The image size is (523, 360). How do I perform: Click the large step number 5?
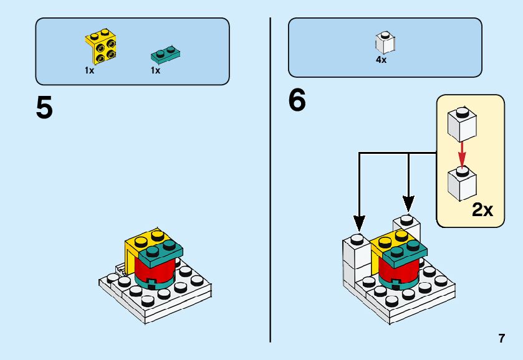44,107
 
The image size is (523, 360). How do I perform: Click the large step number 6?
297,100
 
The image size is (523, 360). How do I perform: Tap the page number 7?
502,338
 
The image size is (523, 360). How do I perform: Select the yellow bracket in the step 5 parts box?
101,46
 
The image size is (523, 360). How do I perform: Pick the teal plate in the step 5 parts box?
165,55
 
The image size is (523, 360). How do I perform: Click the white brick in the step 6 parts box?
385,43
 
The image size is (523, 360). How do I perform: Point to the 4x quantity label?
381,60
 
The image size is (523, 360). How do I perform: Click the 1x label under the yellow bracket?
89,70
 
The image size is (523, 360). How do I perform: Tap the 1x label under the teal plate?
155,70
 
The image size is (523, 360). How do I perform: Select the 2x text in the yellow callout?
482,210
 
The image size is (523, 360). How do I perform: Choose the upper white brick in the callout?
462,125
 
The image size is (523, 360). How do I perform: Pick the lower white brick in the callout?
462,184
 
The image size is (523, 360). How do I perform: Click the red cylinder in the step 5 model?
155,269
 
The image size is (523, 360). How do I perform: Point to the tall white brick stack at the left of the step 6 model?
356,260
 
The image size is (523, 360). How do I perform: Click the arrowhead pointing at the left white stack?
359,224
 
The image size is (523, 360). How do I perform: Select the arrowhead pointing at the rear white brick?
408,203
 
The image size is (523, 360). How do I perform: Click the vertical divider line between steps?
270,180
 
